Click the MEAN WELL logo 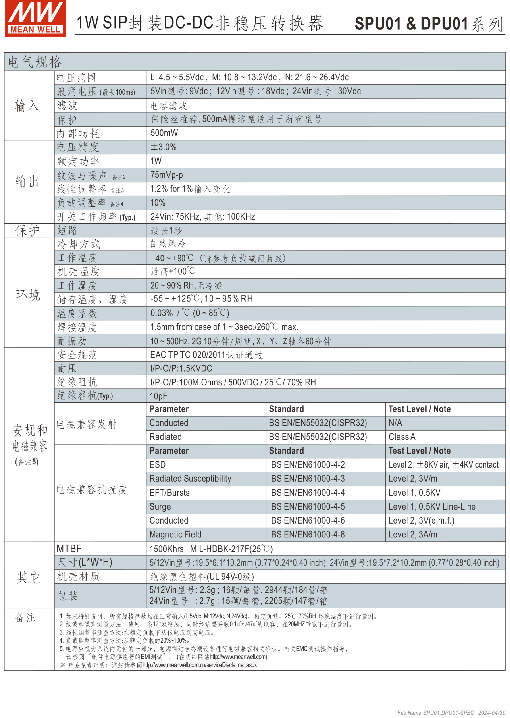click(35, 18)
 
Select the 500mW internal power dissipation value click(164, 133)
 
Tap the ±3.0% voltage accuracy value click(163, 147)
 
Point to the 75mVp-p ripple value click(167, 175)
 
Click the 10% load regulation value click(158, 203)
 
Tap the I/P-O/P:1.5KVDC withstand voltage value click(181, 368)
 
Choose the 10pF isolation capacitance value click(158, 396)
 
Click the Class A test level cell click(402, 437)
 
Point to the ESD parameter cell click(157, 465)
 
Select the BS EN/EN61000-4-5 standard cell click(308, 506)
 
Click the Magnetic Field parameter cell click(175, 535)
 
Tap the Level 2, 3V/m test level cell click(413, 478)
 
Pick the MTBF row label click(69, 549)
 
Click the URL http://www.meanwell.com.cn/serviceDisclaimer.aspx click(199, 665)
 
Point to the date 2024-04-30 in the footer click(491, 713)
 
